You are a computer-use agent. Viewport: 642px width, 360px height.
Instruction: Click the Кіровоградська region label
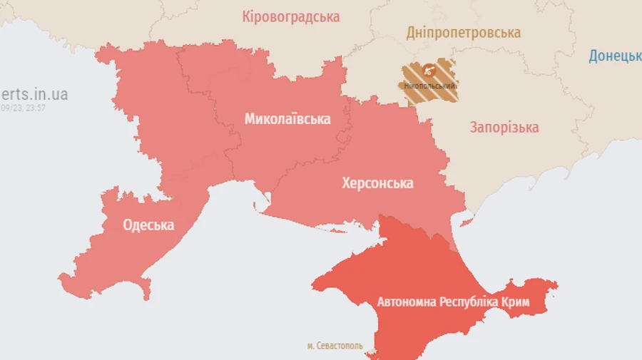click(x=290, y=16)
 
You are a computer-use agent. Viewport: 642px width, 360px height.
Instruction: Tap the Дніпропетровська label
click(x=464, y=33)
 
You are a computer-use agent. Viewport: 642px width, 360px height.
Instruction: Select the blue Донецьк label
click(x=615, y=56)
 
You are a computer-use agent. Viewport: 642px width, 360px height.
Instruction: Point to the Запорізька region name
click(x=504, y=128)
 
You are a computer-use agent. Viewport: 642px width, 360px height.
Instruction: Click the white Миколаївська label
click(x=287, y=119)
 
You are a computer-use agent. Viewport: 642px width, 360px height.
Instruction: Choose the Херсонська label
click(x=377, y=183)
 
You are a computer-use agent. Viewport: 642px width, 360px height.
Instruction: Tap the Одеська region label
click(x=148, y=225)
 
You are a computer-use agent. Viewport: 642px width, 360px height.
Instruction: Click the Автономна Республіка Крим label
click(x=453, y=302)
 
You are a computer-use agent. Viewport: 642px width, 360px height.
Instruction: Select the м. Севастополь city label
click(x=335, y=346)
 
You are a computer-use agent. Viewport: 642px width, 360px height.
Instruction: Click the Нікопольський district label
click(x=429, y=86)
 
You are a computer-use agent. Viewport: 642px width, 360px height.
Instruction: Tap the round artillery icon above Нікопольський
click(x=429, y=70)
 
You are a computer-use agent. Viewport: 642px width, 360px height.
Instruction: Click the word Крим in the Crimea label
click(x=515, y=302)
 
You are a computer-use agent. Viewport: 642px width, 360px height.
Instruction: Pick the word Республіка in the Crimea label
click(x=469, y=302)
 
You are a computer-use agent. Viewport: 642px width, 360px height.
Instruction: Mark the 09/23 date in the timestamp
click(x=12, y=108)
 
